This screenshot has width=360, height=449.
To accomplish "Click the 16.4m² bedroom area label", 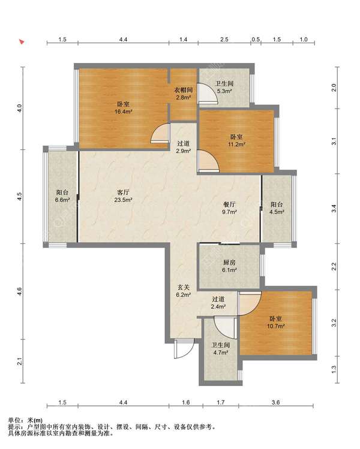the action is pyautogui.click(x=123, y=108).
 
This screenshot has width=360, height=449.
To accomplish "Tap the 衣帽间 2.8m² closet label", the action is pyautogui.click(x=184, y=94).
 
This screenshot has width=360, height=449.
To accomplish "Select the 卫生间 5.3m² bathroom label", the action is pyautogui.click(x=224, y=88).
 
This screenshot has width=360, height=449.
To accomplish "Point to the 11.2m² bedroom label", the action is pyautogui.click(x=236, y=141).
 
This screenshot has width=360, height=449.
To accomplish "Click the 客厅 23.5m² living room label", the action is pyautogui.click(x=123, y=196).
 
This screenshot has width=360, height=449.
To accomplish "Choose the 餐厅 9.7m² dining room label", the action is pyautogui.click(x=229, y=208).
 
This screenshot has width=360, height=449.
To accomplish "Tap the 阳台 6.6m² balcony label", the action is pyautogui.click(x=62, y=196).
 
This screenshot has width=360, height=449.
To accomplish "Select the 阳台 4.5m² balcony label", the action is pyautogui.click(x=277, y=208).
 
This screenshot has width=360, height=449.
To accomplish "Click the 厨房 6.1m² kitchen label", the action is pyautogui.click(x=229, y=266).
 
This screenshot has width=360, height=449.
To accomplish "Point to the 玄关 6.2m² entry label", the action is pyautogui.click(x=184, y=291).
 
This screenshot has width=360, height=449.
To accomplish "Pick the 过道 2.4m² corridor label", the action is pyautogui.click(x=218, y=303).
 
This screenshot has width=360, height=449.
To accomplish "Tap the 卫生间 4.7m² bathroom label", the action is pyautogui.click(x=220, y=349).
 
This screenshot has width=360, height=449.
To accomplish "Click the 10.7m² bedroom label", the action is pyautogui.click(x=275, y=322).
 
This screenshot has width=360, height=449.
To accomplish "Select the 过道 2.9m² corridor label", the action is pyautogui.click(x=184, y=147).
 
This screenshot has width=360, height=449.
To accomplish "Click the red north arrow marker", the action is pyautogui.click(x=22, y=42).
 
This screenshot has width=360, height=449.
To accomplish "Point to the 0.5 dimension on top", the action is pyautogui.click(x=256, y=40).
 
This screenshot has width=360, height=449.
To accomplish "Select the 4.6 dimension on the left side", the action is pyautogui.click(x=19, y=291).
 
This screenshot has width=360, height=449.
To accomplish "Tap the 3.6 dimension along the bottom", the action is pyautogui.click(x=276, y=402).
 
